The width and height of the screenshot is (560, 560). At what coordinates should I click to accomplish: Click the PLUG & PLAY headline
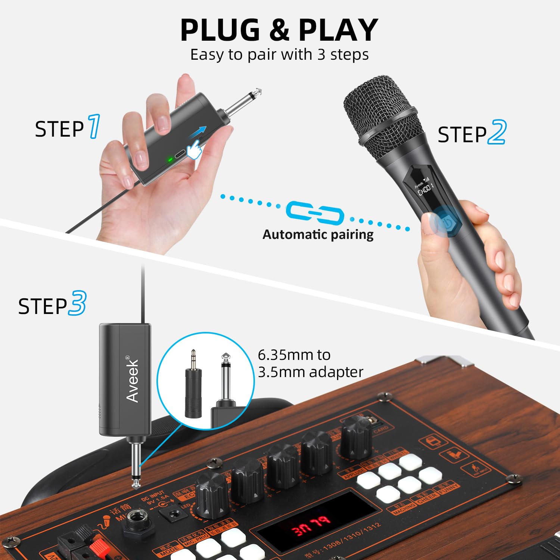[x=279, y=30]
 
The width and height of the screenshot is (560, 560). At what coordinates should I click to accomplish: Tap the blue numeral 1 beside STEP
[x=94, y=127]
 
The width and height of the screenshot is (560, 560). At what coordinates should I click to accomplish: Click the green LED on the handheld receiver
[x=170, y=160]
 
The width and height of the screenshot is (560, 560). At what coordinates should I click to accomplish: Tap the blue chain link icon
[x=315, y=214]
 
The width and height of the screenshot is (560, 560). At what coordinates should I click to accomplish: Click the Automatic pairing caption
[x=318, y=234]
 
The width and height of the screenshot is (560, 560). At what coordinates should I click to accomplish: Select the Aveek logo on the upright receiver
[x=133, y=379]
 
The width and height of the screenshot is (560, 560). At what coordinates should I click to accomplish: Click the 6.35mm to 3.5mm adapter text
[x=310, y=363]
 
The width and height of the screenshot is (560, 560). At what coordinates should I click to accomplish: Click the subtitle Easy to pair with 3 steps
[x=279, y=55]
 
